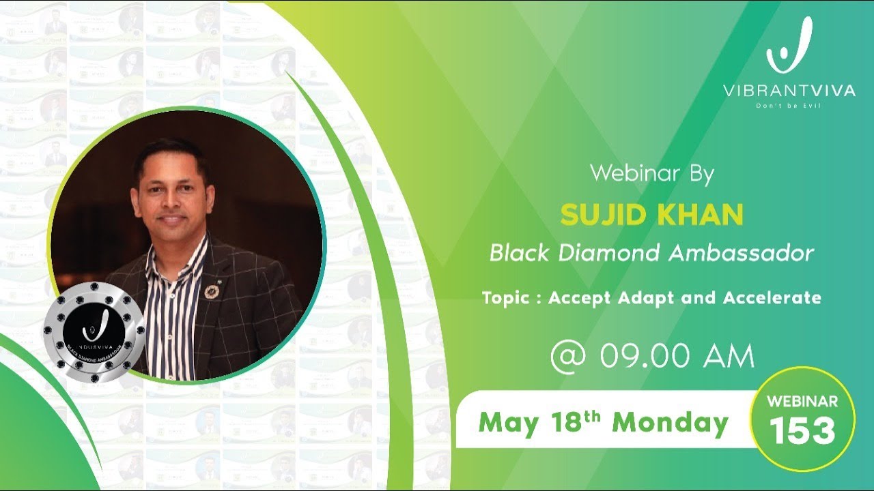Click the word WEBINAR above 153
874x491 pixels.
point(802,402)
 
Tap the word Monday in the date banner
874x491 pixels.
point(670,423)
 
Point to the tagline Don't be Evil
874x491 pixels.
point(789,106)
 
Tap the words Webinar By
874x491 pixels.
point(651,173)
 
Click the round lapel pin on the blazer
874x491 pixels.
point(212,291)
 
